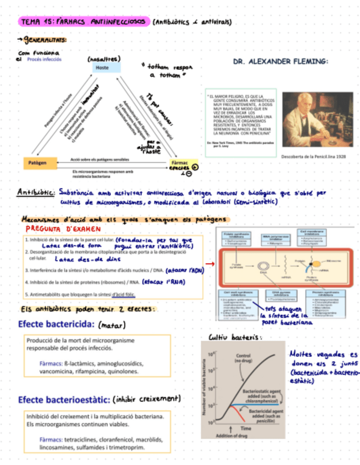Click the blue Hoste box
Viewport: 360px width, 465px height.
coord(103,67)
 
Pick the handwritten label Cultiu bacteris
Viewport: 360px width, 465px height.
coord(233,337)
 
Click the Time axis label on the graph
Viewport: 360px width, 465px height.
coord(245,427)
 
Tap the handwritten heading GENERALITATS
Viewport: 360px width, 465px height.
coord(45,39)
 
